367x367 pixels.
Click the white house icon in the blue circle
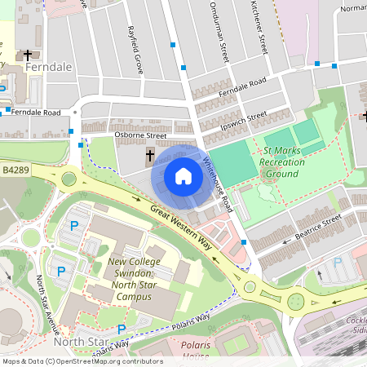183,176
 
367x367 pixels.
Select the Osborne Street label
140,135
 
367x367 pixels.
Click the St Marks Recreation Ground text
282,162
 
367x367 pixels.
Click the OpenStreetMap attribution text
82,361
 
